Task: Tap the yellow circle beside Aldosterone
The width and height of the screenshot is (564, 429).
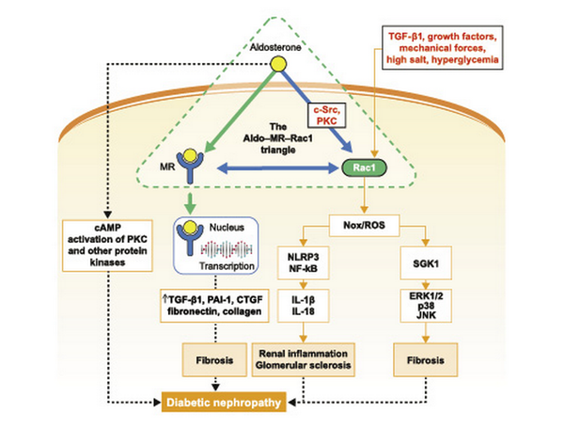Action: point(278,63)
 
